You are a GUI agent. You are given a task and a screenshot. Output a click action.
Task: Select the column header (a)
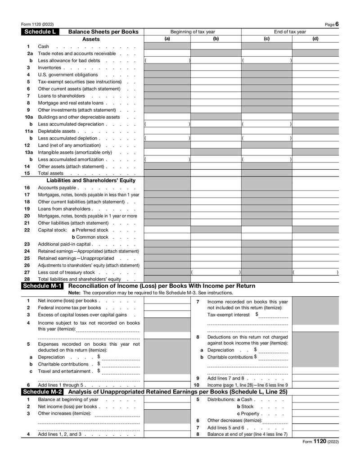[x=167, y=39]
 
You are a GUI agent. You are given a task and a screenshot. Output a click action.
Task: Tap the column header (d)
[x=315, y=39]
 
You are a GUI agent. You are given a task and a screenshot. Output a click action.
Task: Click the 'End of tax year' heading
[x=290, y=32]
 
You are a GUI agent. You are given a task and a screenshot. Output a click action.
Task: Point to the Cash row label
[x=44, y=46]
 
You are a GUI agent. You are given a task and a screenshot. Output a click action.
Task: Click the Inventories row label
[x=49, y=68]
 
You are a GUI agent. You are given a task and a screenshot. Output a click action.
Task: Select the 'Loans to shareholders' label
[x=61, y=96]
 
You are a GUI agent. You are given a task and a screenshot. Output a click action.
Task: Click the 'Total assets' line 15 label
[x=50, y=173]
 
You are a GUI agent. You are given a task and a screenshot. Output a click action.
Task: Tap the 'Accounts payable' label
[x=57, y=188]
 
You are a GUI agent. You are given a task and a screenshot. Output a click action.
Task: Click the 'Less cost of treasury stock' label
[x=66, y=272]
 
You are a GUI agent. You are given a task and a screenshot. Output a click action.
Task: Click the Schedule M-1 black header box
[x=43, y=286]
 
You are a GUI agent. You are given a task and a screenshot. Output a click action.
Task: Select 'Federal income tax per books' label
[x=69, y=308]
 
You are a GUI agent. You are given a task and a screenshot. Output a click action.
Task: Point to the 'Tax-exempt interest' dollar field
[x=273, y=315]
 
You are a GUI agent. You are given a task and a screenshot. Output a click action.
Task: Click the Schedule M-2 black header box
[x=43, y=392]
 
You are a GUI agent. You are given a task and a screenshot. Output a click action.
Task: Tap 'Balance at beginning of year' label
[x=68, y=399]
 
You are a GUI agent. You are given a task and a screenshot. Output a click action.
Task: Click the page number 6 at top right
[x=337, y=24]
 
